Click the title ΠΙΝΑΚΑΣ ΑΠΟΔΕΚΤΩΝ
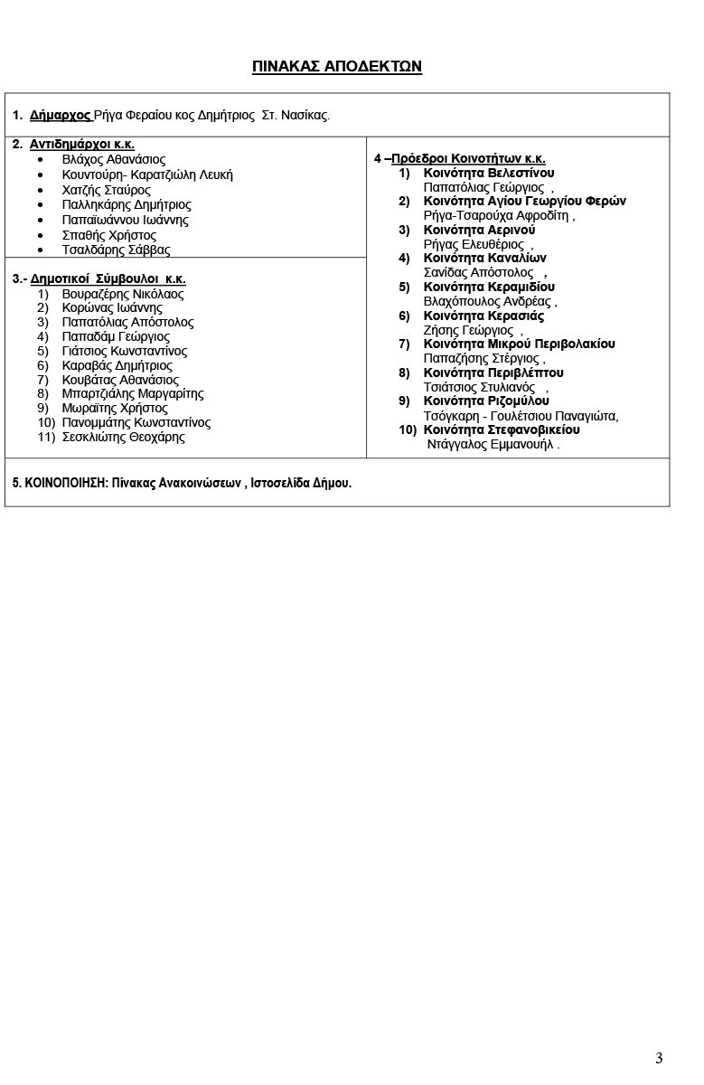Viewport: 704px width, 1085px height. (337, 67)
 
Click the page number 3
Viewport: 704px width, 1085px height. (659, 1058)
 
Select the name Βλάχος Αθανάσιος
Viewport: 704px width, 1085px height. (114, 160)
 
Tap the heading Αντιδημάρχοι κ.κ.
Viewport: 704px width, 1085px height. (82, 145)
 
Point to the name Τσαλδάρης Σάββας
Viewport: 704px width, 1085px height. (117, 250)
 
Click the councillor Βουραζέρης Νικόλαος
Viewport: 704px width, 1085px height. (123, 294)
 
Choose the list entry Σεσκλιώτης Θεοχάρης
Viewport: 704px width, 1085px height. (124, 438)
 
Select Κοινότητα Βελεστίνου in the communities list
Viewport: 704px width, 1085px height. (489, 173)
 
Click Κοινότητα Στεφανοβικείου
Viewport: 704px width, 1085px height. (502, 430)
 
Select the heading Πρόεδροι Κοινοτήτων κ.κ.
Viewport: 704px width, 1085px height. (468, 159)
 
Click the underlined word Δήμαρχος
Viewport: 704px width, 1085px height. (60, 116)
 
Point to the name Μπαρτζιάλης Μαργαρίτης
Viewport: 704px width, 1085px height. (133, 394)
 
